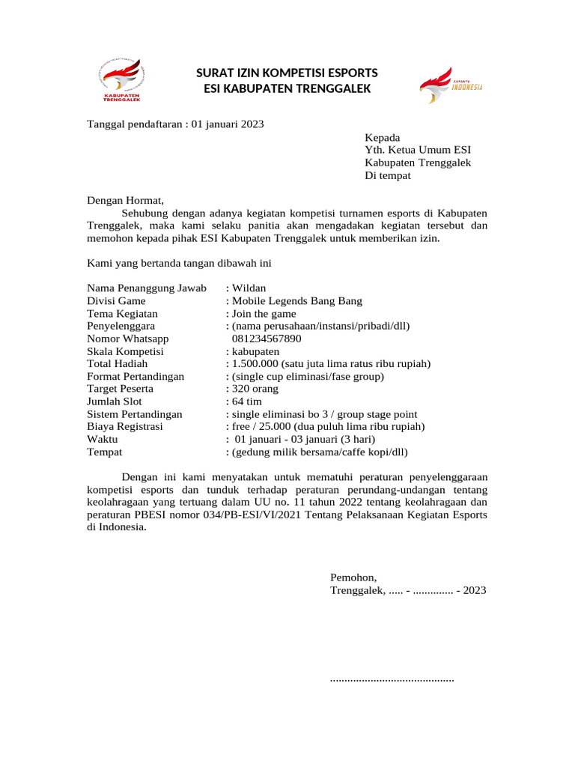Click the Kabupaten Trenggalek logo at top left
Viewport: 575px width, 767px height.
tap(121, 81)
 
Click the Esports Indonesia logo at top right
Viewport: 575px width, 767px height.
tap(451, 84)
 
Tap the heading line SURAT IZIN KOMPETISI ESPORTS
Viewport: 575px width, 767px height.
tap(287, 73)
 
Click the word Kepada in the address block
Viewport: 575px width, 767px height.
tap(382, 138)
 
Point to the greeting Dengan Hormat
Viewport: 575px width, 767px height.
tap(124, 200)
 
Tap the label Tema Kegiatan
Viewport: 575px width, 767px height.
tap(123, 314)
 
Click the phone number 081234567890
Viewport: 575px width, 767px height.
tap(267, 339)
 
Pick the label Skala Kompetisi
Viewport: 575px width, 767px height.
tap(126, 351)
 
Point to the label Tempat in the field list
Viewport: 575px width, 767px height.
tap(105, 452)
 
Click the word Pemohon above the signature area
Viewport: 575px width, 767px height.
tap(353, 577)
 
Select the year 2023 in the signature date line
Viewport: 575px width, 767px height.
tap(475, 590)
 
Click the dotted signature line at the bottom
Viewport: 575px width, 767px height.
tap(392, 679)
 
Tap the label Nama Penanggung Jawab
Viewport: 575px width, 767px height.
tap(147, 288)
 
